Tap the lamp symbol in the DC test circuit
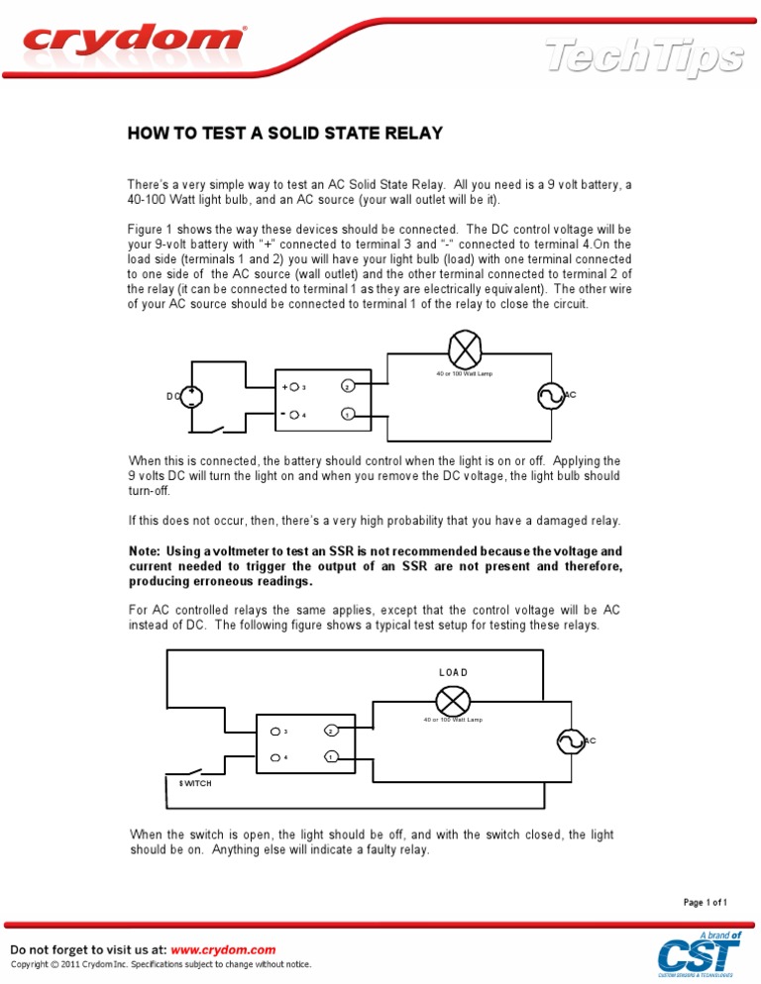(464, 349)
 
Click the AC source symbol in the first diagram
(550, 396)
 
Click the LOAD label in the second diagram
(453, 672)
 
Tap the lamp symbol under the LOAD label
(453, 701)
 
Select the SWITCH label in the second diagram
(195, 783)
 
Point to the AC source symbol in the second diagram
(570, 740)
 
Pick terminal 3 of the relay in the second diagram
(275, 732)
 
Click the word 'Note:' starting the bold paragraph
(151, 550)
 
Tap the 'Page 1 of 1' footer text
(706, 902)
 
